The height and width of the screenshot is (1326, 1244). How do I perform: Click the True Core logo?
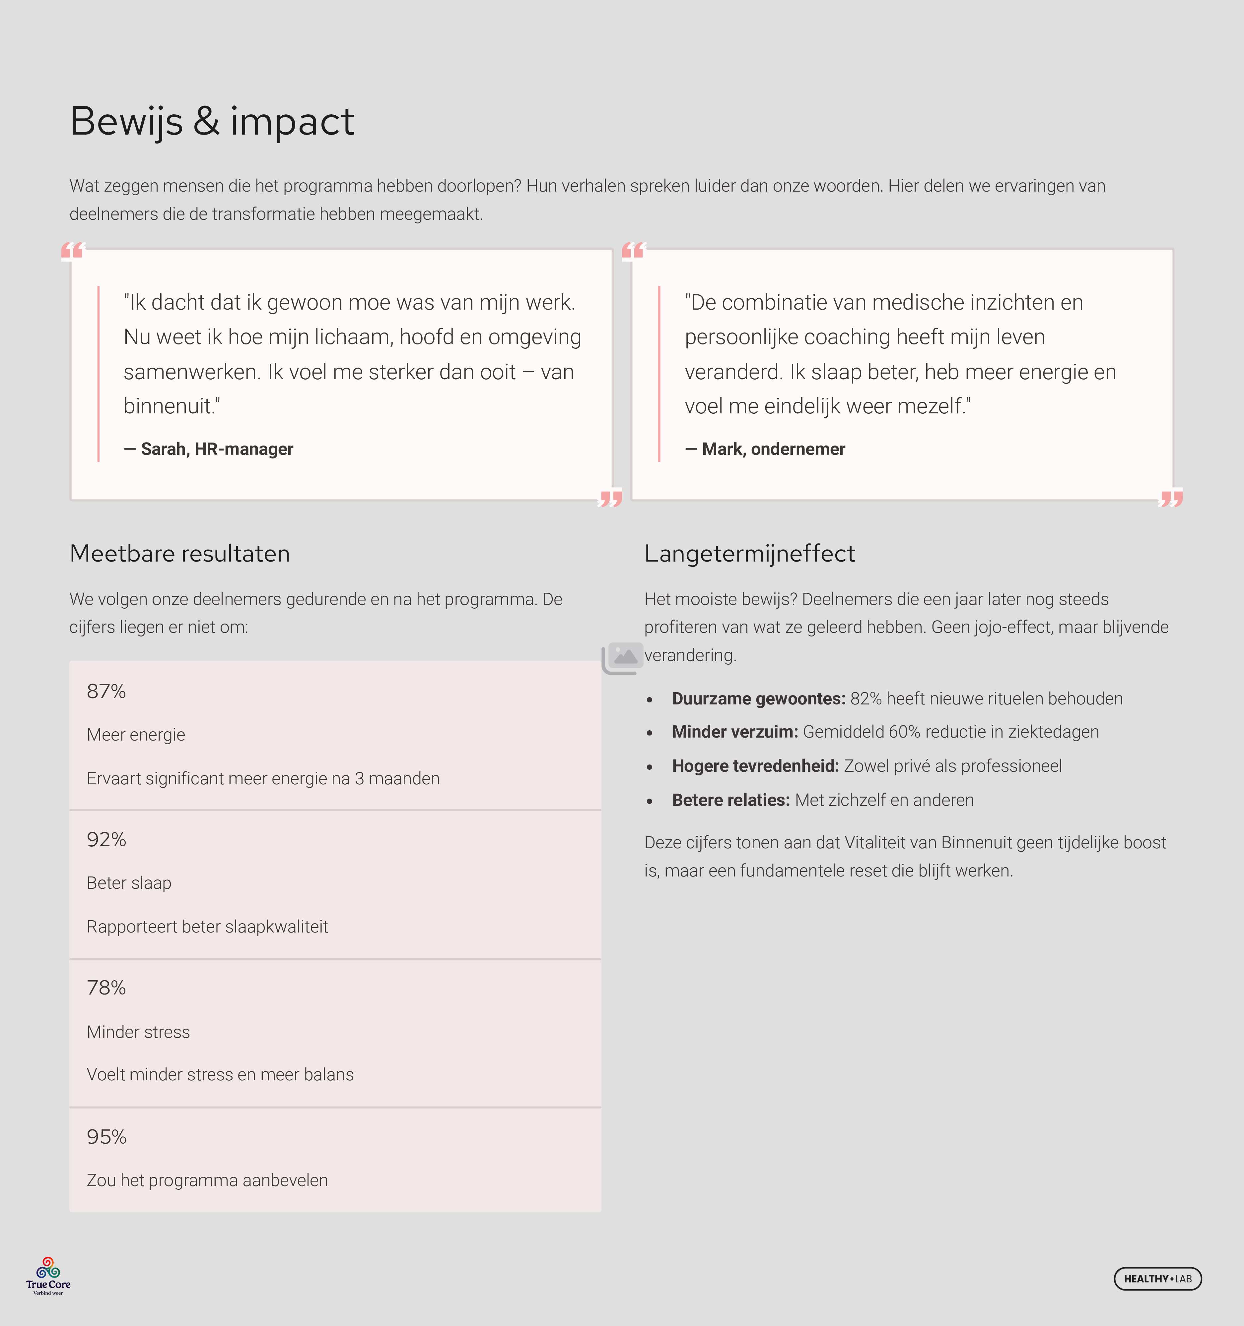point(48,1275)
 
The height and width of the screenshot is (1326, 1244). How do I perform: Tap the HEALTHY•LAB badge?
point(1157,1279)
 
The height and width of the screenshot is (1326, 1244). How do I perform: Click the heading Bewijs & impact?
point(212,121)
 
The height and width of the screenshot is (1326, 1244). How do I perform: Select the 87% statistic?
point(106,691)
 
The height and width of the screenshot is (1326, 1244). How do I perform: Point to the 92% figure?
point(106,839)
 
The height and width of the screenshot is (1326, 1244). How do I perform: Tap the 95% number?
point(106,1137)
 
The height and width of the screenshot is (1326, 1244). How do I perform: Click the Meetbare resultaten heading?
point(179,554)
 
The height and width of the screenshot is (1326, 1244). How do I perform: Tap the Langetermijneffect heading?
point(749,554)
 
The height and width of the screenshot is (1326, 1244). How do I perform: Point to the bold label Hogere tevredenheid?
point(755,766)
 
